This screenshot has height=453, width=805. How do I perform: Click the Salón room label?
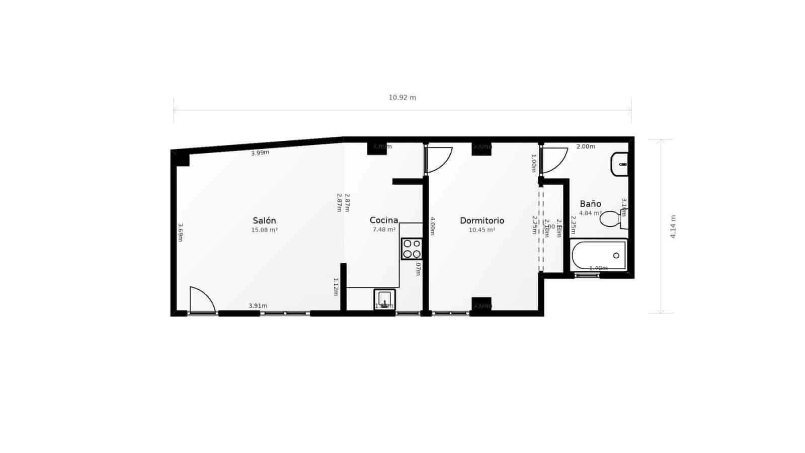tap(264, 220)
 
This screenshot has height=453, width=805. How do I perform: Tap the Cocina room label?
tap(384, 220)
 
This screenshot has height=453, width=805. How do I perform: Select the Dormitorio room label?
tap(482, 220)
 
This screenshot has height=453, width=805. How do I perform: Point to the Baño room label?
tap(590, 204)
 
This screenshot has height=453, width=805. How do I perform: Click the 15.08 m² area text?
tap(264, 230)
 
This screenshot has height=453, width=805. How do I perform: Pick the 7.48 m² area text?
tap(384, 230)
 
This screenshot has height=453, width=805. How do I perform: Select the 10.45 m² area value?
tap(482, 230)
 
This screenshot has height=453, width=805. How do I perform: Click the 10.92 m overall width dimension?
tap(402, 98)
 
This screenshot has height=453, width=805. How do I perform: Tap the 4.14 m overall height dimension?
tap(673, 226)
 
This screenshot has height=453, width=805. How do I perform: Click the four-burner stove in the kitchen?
tap(412, 249)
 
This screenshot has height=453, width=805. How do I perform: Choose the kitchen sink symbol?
tap(384, 299)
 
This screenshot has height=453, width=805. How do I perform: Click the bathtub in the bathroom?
tap(599, 255)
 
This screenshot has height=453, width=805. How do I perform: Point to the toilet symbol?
tap(613, 219)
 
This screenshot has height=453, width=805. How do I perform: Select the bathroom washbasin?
tap(620, 164)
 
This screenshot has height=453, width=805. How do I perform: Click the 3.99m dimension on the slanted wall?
tap(260, 153)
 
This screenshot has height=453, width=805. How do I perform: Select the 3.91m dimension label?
tap(258, 306)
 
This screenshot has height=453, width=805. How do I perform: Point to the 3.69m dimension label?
tap(180, 233)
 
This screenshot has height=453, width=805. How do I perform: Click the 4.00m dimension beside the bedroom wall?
tap(432, 226)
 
